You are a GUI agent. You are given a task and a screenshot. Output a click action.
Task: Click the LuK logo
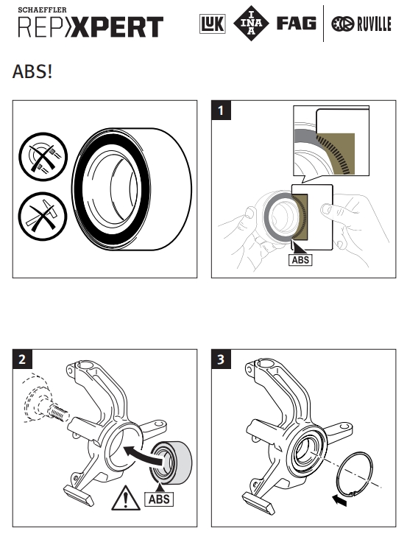coord(213,24)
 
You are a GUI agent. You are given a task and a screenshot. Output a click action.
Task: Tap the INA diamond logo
coord(251,24)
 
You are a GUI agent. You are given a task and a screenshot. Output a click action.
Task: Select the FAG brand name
coord(297,24)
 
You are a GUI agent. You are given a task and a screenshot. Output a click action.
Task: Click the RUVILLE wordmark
coord(373,24)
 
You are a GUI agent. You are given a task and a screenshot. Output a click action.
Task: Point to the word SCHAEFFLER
coord(42,10)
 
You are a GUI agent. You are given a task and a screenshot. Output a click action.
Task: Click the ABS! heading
coord(32,71)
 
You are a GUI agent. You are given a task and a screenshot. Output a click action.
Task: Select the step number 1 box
coord(221,110)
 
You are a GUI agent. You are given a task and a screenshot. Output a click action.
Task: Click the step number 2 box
coord(22,359)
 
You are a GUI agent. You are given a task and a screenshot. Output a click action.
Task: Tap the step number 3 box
coord(221,359)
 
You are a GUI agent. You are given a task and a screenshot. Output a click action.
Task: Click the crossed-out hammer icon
coord(43,217)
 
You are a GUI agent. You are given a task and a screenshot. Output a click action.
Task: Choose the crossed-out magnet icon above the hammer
coord(43,157)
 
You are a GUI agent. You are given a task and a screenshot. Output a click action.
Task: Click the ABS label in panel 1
coord(300,260)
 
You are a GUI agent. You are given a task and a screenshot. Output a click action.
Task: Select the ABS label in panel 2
coord(159,499)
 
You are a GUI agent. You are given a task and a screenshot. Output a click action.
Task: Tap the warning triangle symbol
coord(126,498)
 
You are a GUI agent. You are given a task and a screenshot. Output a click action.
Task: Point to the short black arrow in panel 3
coord(339,500)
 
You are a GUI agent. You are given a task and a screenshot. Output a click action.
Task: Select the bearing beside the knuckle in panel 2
coord(171,463)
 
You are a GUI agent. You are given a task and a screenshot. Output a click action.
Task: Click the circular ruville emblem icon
coord(342,24)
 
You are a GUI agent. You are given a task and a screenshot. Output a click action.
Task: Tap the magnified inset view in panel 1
coord(331,141)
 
